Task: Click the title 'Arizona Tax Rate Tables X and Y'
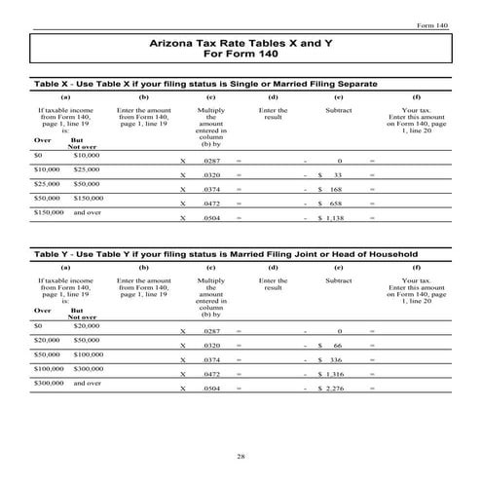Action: (x=240, y=44)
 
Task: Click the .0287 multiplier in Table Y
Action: (x=210, y=332)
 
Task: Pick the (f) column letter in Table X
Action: (x=416, y=98)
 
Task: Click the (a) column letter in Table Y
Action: (x=65, y=266)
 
